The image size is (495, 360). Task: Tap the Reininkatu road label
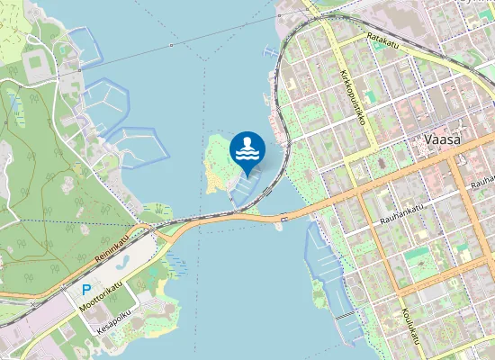coord(112,247)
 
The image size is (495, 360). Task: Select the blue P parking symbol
coord(86,291)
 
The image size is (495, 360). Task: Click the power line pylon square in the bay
coord(169,43)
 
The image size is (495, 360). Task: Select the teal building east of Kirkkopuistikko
coord(415,255)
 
